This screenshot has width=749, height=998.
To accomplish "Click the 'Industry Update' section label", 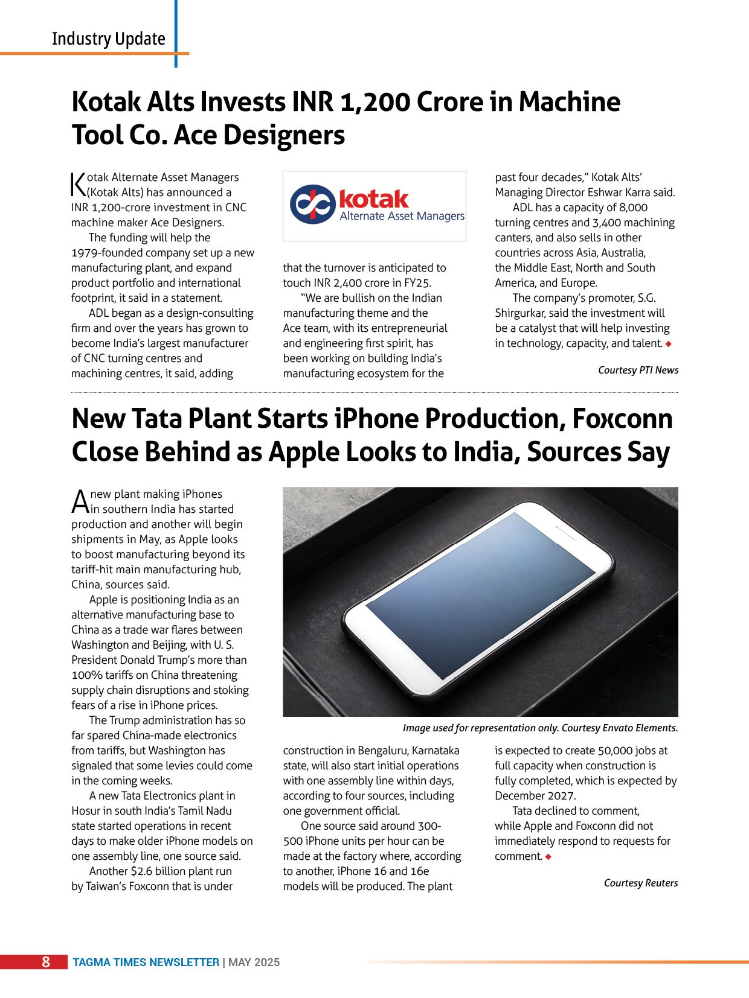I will tap(108, 39).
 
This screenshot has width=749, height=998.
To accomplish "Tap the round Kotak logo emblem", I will tap(312, 205).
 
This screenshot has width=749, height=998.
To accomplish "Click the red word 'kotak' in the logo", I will tap(374, 199).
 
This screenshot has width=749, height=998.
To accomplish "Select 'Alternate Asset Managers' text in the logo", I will tap(402, 216).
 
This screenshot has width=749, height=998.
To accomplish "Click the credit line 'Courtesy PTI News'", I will tap(638, 370).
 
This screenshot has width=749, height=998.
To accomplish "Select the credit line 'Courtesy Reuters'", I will tap(640, 883).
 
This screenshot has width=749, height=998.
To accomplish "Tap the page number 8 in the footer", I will tap(46, 962).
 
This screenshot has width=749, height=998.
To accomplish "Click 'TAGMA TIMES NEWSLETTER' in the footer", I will tap(146, 962).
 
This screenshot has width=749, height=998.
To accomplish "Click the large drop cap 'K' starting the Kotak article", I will tap(79, 185).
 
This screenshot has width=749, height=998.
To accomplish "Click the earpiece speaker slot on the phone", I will tap(567, 532).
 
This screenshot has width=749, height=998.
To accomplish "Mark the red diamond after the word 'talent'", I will tap(668, 344).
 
